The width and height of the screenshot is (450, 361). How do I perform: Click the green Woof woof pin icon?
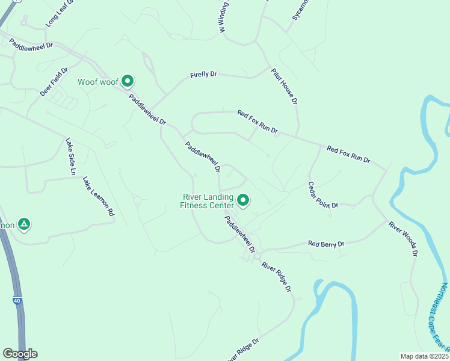click(127, 81)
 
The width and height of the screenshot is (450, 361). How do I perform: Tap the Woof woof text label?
click(97, 82)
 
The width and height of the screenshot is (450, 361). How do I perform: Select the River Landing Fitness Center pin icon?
click(243, 200)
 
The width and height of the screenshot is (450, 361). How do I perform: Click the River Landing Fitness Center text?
click(206, 200)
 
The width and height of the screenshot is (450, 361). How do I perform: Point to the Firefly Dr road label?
click(203, 75)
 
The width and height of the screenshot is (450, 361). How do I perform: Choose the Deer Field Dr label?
click(51, 82)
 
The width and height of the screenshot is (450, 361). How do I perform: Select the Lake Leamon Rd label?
click(98, 196)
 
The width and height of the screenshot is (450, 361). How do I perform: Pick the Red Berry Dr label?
click(325, 244)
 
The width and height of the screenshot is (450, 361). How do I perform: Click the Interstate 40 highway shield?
click(18, 300)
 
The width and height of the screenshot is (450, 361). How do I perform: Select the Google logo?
click(20, 354)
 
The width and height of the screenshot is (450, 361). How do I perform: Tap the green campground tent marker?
click(23, 224)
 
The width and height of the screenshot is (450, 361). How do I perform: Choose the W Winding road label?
click(223, 16)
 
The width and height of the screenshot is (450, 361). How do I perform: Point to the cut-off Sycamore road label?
click(300, 10)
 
